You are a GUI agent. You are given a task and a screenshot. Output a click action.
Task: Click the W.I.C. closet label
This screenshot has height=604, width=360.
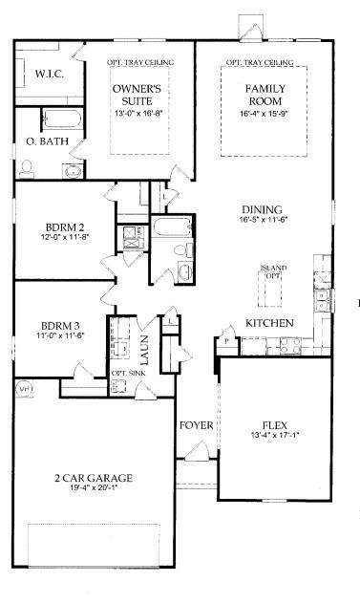(x=49, y=73)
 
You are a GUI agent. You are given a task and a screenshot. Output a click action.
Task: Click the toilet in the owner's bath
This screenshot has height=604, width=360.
(x=26, y=168)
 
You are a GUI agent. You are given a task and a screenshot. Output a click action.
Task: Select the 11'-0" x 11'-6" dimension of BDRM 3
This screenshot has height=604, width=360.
(x=60, y=335)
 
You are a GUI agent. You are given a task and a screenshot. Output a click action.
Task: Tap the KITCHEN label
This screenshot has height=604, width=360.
(x=269, y=323)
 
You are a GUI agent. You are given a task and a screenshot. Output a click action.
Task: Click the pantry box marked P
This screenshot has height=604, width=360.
(x=227, y=341)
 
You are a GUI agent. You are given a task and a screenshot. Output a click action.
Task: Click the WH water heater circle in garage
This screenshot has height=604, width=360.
(x=26, y=389)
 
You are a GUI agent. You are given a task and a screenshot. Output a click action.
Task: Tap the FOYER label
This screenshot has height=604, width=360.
(x=196, y=424)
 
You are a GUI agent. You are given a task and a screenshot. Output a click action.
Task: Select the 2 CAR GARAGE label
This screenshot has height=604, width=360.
(x=93, y=477)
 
